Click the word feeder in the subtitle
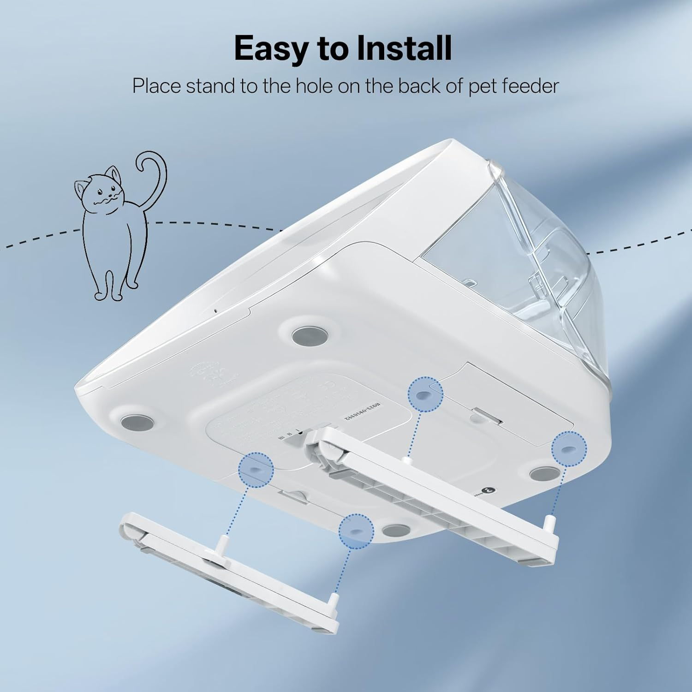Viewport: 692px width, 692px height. coord(530,86)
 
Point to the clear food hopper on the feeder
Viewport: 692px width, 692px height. coord(521,258)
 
